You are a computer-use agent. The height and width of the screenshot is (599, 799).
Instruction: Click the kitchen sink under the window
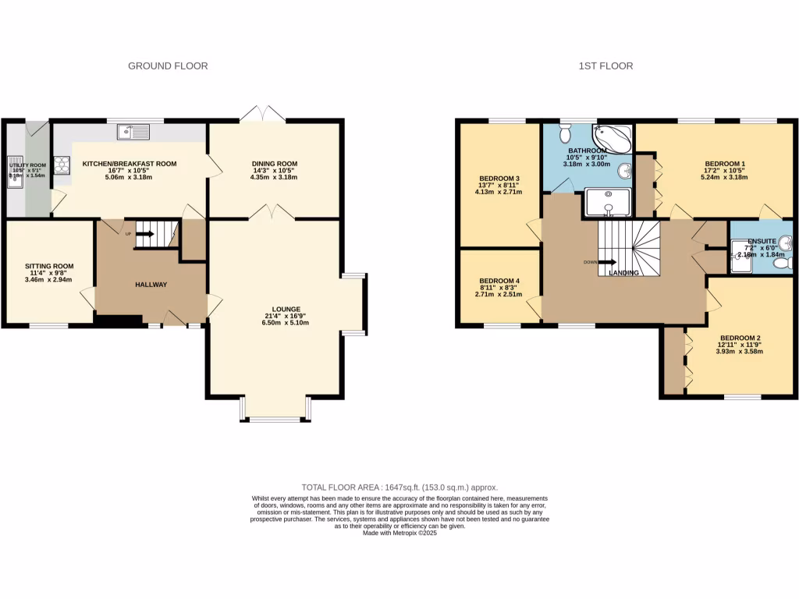pos(133,133)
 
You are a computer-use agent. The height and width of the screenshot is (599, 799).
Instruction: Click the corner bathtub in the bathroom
pos(614,137)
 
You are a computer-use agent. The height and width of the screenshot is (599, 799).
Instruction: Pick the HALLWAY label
pos(151,285)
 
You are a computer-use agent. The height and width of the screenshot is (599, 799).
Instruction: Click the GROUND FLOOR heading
pos(168,66)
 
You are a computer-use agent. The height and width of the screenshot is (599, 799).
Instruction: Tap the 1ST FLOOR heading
pos(605,66)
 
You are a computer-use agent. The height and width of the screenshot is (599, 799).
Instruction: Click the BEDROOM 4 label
pos(499,281)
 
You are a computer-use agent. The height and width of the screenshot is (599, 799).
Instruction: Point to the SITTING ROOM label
pos(48,266)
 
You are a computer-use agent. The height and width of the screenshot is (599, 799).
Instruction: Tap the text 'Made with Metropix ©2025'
pos(399,533)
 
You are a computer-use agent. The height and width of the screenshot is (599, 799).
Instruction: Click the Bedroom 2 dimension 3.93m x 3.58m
pos(740,351)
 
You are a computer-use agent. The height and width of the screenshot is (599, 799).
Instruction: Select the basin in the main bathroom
pos(625,171)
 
